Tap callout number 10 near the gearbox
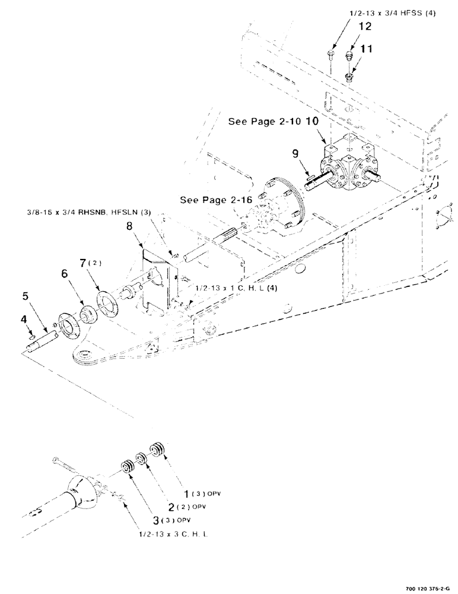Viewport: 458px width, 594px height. click(x=313, y=122)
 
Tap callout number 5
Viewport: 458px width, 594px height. click(x=26, y=295)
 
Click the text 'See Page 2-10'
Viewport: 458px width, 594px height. click(x=265, y=122)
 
